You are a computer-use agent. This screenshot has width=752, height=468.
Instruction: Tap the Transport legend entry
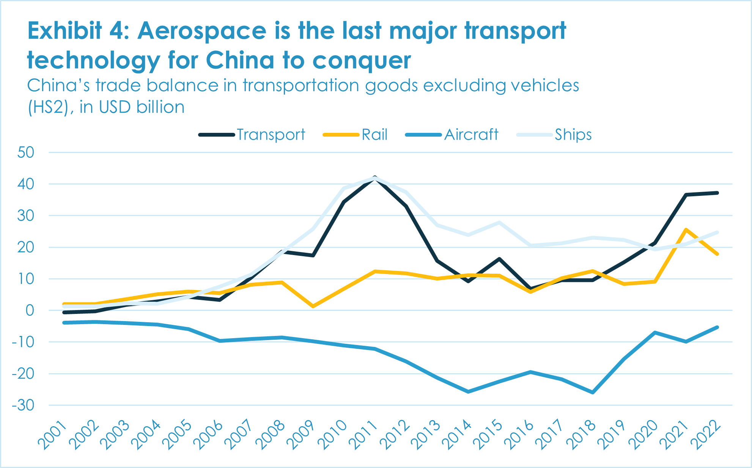click(271, 135)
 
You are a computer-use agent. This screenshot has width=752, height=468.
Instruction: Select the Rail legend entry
click(374, 135)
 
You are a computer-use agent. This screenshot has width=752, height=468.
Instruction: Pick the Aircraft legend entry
click(471, 135)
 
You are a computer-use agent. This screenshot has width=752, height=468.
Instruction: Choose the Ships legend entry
click(573, 135)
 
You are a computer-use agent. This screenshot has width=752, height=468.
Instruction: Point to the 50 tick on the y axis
click(26, 153)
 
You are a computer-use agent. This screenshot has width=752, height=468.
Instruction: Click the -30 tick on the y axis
click(23, 405)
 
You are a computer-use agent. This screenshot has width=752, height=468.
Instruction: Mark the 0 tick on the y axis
click(30, 310)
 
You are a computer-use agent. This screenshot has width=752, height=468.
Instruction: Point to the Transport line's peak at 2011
click(375, 178)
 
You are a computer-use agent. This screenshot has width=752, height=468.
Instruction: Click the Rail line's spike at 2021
click(686, 230)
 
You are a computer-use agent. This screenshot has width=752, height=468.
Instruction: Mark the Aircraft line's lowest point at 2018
click(593, 392)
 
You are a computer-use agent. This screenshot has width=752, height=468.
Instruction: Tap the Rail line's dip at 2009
click(313, 306)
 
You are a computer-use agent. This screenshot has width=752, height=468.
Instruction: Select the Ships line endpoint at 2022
click(717, 232)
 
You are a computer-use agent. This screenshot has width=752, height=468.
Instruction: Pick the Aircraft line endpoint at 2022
click(717, 327)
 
